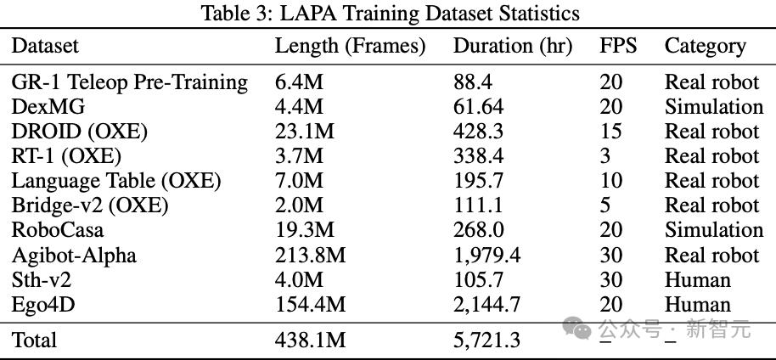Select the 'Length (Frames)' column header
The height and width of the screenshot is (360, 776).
coord(350,46)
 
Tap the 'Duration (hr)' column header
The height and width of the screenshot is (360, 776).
coord(513,46)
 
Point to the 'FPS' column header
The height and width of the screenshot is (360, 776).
coord(617,46)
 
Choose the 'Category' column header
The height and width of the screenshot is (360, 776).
coord(705,46)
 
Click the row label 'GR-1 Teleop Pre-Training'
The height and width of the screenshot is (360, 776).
coord(130,82)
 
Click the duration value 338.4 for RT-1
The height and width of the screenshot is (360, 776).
coord(479,156)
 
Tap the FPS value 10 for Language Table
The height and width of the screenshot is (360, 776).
coord(610,181)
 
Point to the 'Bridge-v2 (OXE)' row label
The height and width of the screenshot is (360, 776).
coord(90,205)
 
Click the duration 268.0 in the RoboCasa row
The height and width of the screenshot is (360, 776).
coord(479,230)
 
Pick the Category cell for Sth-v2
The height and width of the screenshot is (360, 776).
coord(697,280)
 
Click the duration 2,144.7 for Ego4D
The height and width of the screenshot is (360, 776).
coord(486,305)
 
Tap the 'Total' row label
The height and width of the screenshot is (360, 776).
coord(35,340)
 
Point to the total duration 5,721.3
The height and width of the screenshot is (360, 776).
coord(486,340)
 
